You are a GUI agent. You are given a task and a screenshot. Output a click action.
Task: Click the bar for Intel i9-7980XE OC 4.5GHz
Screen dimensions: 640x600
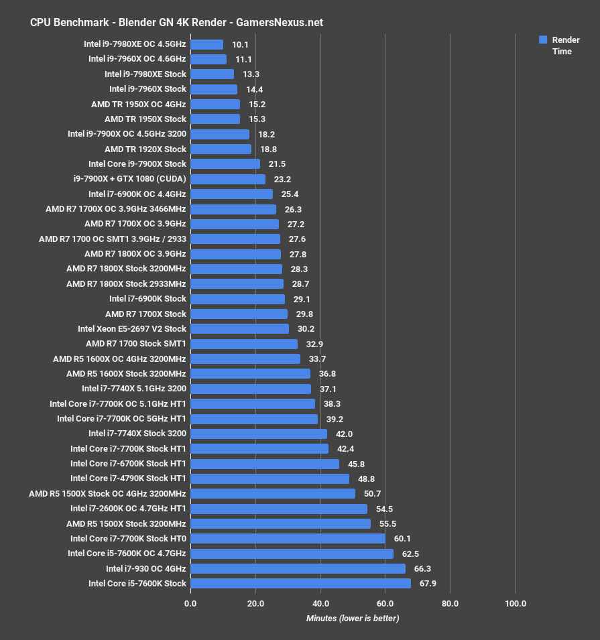click(206, 45)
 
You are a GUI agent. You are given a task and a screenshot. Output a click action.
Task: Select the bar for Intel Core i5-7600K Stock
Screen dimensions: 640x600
click(300, 584)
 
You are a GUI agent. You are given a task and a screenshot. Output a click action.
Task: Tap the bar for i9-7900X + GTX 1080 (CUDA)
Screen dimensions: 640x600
click(228, 180)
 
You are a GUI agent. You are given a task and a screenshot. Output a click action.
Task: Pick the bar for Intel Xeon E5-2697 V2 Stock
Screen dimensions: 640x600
click(239, 329)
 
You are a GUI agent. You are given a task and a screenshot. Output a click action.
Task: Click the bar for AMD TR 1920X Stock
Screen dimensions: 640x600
click(221, 149)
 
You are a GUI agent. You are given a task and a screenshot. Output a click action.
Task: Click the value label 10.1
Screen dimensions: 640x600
click(240, 45)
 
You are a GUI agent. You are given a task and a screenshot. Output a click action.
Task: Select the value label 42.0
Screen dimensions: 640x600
click(345, 434)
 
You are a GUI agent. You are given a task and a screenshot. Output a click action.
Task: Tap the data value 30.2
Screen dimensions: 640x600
click(306, 329)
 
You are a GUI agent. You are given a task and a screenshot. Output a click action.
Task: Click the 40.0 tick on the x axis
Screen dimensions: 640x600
click(320, 604)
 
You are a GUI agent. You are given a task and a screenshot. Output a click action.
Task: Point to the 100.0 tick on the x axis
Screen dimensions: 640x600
click(515, 604)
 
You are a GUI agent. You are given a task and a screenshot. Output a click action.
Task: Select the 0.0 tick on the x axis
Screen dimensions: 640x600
click(190, 604)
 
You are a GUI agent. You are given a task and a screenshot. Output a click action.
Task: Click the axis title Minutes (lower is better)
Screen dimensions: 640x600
click(353, 618)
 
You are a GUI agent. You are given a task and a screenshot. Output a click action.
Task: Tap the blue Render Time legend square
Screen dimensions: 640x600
click(543, 40)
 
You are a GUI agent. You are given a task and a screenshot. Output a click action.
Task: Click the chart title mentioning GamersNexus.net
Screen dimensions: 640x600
click(176, 22)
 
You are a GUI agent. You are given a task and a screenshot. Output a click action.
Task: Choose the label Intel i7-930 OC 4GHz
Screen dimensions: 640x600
click(145, 569)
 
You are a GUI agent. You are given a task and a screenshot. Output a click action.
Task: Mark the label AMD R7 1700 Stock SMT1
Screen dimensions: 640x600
click(135, 344)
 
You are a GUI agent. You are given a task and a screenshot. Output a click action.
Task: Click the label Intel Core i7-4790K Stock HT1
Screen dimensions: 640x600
click(128, 478)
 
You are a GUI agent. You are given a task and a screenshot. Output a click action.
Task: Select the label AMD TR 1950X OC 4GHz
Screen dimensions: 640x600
click(138, 105)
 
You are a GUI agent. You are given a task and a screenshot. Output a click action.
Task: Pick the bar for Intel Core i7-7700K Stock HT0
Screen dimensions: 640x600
click(288, 539)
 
